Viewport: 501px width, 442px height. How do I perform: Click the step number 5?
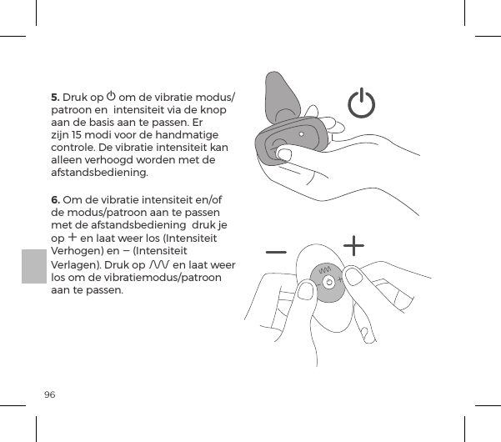point(56,96)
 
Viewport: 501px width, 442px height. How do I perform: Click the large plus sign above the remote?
point(354,246)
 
